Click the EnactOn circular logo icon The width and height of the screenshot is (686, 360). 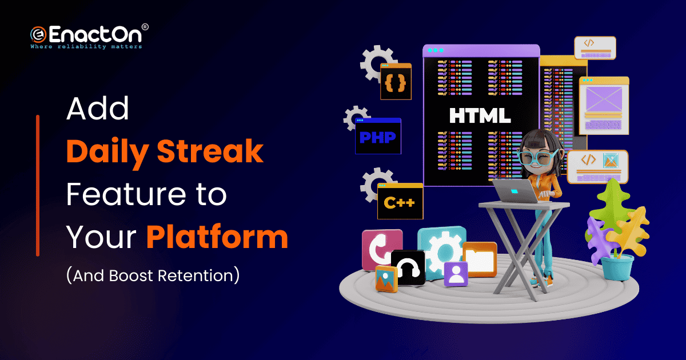[38, 35]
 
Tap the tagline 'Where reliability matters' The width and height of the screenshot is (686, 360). [86, 46]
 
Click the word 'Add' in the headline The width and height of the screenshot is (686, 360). [97, 109]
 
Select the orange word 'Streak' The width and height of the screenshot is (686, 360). [210, 151]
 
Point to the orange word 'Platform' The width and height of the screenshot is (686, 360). [217, 237]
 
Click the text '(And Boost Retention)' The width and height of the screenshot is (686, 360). [153, 275]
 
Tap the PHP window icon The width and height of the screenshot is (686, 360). [378, 136]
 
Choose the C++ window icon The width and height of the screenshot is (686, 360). [400, 201]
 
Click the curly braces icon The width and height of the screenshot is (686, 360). [396, 81]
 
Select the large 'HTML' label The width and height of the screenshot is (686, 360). [480, 115]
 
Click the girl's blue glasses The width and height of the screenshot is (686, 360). [537, 157]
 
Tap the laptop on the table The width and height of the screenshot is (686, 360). [516, 191]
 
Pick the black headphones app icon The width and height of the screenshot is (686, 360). [408, 267]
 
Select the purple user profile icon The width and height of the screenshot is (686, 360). [456, 274]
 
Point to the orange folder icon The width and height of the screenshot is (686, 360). [480, 259]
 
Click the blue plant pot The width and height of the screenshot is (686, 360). [617, 267]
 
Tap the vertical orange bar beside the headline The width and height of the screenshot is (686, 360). [38, 186]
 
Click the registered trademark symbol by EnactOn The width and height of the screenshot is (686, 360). [145, 27]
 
